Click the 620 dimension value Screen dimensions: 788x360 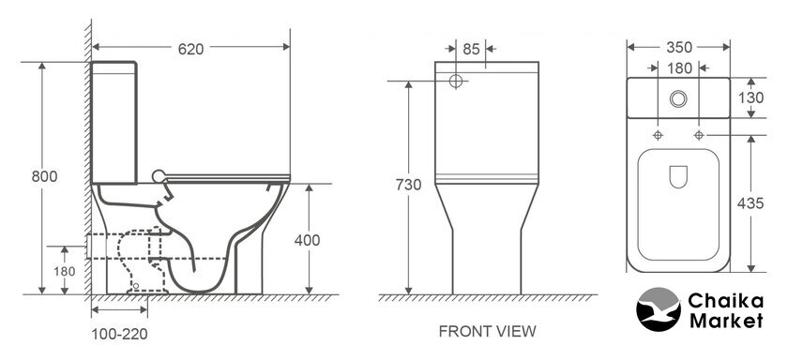point(191,49)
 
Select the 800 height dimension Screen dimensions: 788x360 point(44,177)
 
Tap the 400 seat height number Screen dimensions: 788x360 point(307,241)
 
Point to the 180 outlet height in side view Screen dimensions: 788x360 point(65,272)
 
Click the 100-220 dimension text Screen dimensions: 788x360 point(120,334)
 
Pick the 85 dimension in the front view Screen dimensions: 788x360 point(471,49)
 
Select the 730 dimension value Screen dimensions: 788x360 point(409,185)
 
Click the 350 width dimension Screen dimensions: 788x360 point(679,47)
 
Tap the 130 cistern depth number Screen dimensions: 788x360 point(751,97)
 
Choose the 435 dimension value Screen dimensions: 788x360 point(750,203)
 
